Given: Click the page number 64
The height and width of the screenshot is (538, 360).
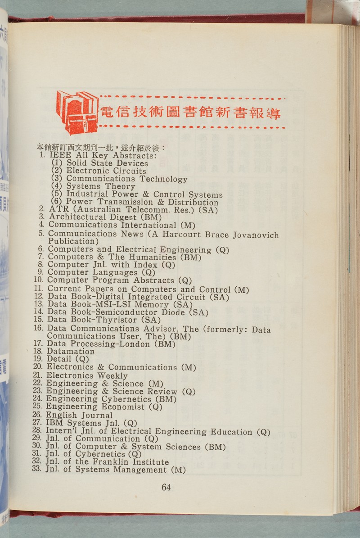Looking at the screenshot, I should coord(166,487).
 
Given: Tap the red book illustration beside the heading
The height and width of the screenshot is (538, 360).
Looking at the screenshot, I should coord(77,112).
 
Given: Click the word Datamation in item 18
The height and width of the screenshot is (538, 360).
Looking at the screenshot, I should coord(71,351).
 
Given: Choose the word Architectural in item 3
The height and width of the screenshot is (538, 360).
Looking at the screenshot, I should coord(74,217).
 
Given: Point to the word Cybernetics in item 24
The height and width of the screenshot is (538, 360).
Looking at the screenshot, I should coord(126,399).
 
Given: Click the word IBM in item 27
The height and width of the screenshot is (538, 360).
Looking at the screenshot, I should coord(54,423).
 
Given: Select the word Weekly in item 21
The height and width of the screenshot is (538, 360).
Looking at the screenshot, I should coord(112,375).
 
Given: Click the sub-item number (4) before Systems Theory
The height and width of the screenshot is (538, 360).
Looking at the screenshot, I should coord(56,186).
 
